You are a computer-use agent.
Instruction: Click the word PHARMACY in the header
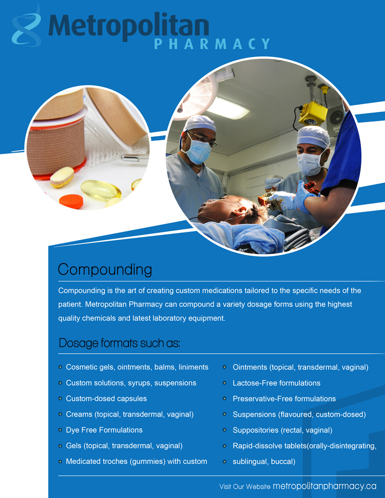212,44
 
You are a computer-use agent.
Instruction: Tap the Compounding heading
105,269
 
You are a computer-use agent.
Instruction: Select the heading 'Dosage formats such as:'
119,343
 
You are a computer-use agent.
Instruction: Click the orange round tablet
71,201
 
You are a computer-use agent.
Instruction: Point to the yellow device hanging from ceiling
313,113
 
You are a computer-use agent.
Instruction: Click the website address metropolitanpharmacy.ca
324,486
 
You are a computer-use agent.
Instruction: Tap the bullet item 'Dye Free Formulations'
104,430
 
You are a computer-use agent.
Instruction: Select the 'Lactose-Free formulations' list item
276,383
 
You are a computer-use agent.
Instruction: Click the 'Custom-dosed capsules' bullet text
106,398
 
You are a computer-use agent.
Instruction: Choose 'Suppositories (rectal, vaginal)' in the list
282,430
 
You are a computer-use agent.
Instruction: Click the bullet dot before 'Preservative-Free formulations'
224,398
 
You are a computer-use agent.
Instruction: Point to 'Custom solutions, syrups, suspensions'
131,383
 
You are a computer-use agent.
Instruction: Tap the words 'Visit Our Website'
244,486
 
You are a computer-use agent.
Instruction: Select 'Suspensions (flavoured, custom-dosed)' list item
299,414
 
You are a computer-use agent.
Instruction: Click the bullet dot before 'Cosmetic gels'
60,367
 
